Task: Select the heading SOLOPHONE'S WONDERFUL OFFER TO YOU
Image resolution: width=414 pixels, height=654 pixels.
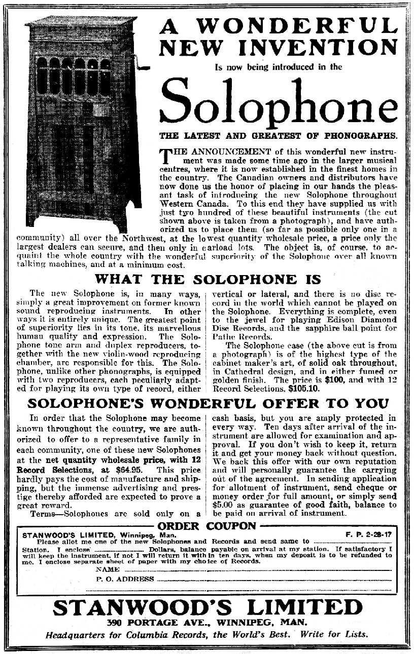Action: [x=208, y=403]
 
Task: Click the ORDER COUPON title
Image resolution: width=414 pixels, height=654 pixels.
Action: [x=208, y=525]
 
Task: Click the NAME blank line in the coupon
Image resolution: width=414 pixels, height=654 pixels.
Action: [x=249, y=569]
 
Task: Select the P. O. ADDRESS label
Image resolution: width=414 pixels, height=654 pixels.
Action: [x=125, y=579]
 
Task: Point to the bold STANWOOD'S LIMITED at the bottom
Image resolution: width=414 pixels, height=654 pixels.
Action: [x=208, y=607]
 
